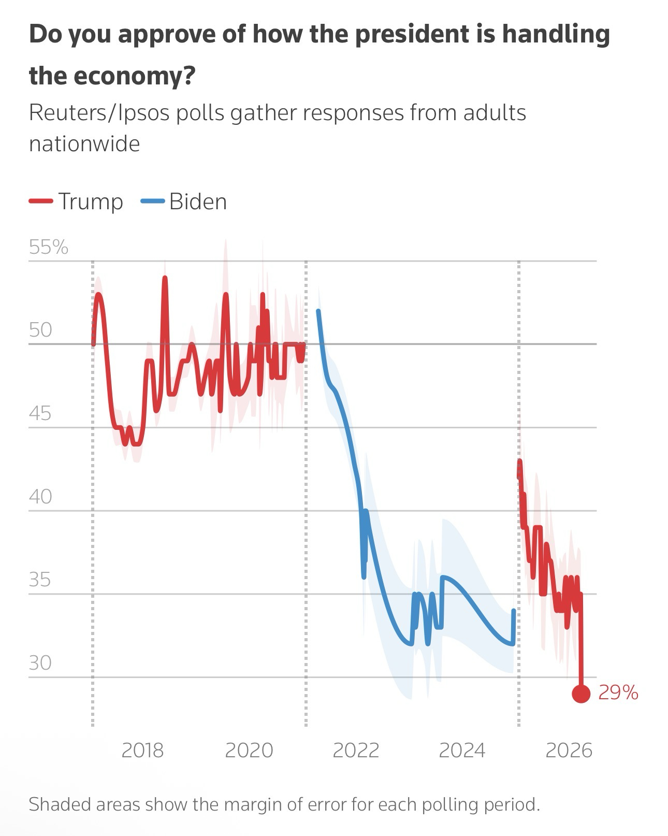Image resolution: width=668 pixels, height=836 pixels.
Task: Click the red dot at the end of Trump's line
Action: pyautogui.click(x=581, y=694)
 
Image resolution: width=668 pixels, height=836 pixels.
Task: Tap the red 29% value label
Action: pyautogui.click(x=618, y=693)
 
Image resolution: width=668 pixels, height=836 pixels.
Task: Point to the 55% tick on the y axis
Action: pyautogui.click(x=49, y=247)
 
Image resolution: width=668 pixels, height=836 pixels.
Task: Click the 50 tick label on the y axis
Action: pyautogui.click(x=41, y=329)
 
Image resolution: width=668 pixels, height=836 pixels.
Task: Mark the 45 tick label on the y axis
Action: pyautogui.click(x=40, y=413)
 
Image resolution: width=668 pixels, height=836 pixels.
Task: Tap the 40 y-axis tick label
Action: pyautogui.click(x=40, y=496)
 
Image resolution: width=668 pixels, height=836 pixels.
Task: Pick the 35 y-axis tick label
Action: pyautogui.click(x=40, y=580)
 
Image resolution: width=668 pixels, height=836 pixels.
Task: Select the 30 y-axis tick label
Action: pyautogui.click(x=40, y=662)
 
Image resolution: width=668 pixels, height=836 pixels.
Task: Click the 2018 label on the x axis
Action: pyautogui.click(x=142, y=750)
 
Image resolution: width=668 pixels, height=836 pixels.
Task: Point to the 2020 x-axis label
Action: pyautogui.click(x=249, y=750)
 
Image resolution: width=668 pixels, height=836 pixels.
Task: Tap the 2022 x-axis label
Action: pyautogui.click(x=356, y=750)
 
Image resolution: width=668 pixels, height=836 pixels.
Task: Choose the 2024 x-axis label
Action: pyautogui.click(x=462, y=750)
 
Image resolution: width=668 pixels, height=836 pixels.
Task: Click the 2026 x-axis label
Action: pyautogui.click(x=569, y=750)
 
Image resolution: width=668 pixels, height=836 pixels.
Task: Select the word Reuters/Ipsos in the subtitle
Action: pyautogui.click(x=99, y=113)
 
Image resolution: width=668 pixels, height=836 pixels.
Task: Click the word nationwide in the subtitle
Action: pyautogui.click(x=84, y=143)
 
